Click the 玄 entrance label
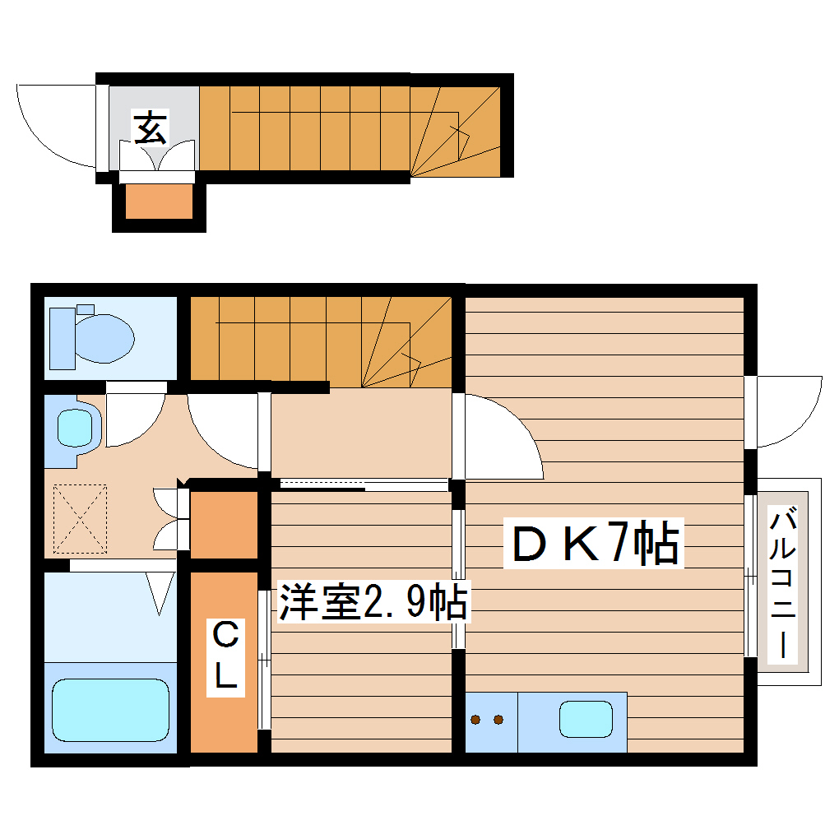151,129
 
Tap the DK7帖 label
595,545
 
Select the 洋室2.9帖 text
373,603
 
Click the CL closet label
225,656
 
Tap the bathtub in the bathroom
110,709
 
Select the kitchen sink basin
586,719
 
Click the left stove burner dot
476,720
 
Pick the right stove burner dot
498,720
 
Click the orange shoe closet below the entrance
159,202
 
